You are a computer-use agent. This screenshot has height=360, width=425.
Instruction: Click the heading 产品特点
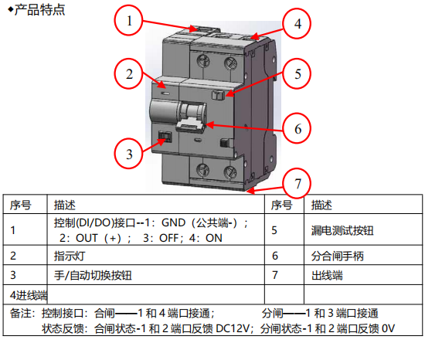pyautogui.click(x=39, y=10)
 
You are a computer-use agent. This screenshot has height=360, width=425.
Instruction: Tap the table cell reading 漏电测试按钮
pyautogui.click(x=342, y=230)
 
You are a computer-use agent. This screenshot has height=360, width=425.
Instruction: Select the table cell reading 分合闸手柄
pyautogui.click(x=338, y=256)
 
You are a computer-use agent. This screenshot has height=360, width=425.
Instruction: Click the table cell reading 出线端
pyautogui.click(x=327, y=276)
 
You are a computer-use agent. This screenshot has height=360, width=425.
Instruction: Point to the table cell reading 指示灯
pyautogui.click(x=70, y=256)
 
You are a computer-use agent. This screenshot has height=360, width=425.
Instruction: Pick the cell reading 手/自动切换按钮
pyautogui.click(x=93, y=276)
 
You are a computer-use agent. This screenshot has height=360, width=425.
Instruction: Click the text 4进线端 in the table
pyautogui.click(x=29, y=295)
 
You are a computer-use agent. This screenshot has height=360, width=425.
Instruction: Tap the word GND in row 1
pyautogui.click(x=173, y=222)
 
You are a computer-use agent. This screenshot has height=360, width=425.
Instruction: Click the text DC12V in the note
pyautogui.click(x=233, y=328)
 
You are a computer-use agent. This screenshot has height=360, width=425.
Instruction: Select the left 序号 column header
pyautogui.click(x=21, y=205)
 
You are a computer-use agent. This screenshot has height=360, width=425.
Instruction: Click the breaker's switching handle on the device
pyautogui.click(x=192, y=119)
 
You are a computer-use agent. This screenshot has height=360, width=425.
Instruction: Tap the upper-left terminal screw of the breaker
pyautogui.click(x=203, y=61)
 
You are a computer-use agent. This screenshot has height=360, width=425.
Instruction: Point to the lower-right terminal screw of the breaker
pyautogui.click(x=230, y=172)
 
